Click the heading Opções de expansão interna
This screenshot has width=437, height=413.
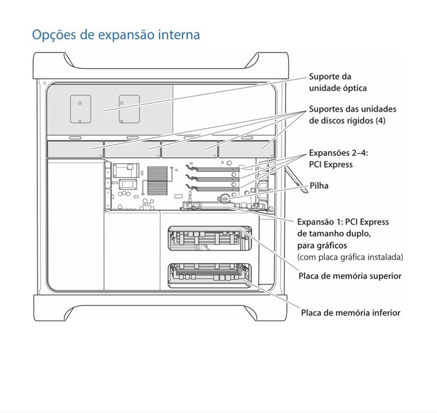[x=116, y=34]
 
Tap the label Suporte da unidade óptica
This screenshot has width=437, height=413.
[x=338, y=82]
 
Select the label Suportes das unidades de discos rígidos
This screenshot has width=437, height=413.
[x=352, y=115]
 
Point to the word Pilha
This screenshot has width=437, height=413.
[x=319, y=186]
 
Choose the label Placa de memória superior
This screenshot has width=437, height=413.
[x=350, y=276]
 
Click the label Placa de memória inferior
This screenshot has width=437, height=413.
[x=350, y=313]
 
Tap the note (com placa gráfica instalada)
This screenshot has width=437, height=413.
[x=350, y=257]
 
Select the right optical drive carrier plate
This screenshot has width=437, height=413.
[x=128, y=108]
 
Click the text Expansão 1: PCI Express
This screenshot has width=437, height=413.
[x=342, y=222]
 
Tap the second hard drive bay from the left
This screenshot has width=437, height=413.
[x=131, y=149]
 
